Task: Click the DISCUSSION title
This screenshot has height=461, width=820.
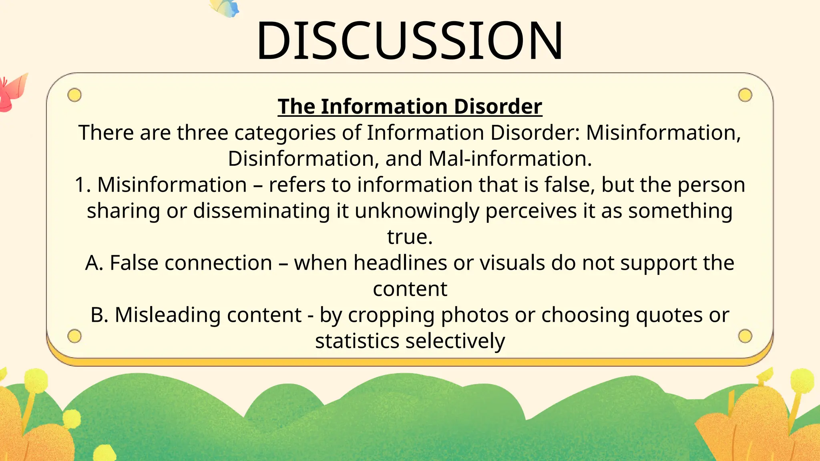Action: [x=410, y=41]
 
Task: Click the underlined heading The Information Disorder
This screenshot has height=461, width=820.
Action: [x=410, y=106]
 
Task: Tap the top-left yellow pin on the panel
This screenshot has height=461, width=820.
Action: [x=74, y=95]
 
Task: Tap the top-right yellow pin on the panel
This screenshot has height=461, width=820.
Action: [x=745, y=95]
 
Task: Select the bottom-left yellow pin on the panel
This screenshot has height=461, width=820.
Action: [x=74, y=336]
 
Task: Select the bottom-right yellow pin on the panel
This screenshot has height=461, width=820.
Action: [x=745, y=336]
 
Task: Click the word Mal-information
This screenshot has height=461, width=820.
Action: [x=509, y=158]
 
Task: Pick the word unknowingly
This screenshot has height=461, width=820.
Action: [x=417, y=211]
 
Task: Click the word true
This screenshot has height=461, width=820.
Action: [x=410, y=237]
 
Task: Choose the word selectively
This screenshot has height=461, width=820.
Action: [x=455, y=341]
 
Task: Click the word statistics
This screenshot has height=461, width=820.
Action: [x=357, y=341]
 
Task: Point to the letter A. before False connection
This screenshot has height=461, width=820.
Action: [x=94, y=263]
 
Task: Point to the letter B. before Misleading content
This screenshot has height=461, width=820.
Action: [x=100, y=315]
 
